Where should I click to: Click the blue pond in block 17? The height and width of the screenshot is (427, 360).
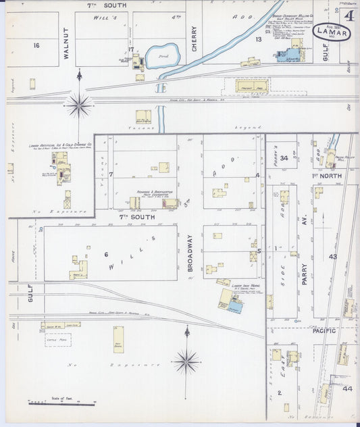click(163, 55)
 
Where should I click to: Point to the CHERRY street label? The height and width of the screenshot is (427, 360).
click(195, 39)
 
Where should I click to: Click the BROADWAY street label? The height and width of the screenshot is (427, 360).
click(190, 253)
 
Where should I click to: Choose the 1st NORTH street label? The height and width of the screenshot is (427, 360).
click(326, 175)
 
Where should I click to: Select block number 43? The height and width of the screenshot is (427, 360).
click(333, 257)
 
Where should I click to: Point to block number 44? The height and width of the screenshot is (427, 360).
click(347, 388)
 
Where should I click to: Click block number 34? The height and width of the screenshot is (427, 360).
click(284, 158)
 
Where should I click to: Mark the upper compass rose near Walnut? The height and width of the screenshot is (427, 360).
click(79, 105)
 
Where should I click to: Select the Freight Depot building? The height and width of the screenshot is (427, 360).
click(251, 86)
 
